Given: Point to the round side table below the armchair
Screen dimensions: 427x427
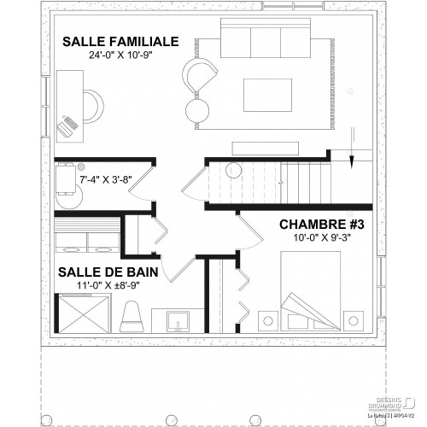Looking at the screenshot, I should click(x=198, y=108).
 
